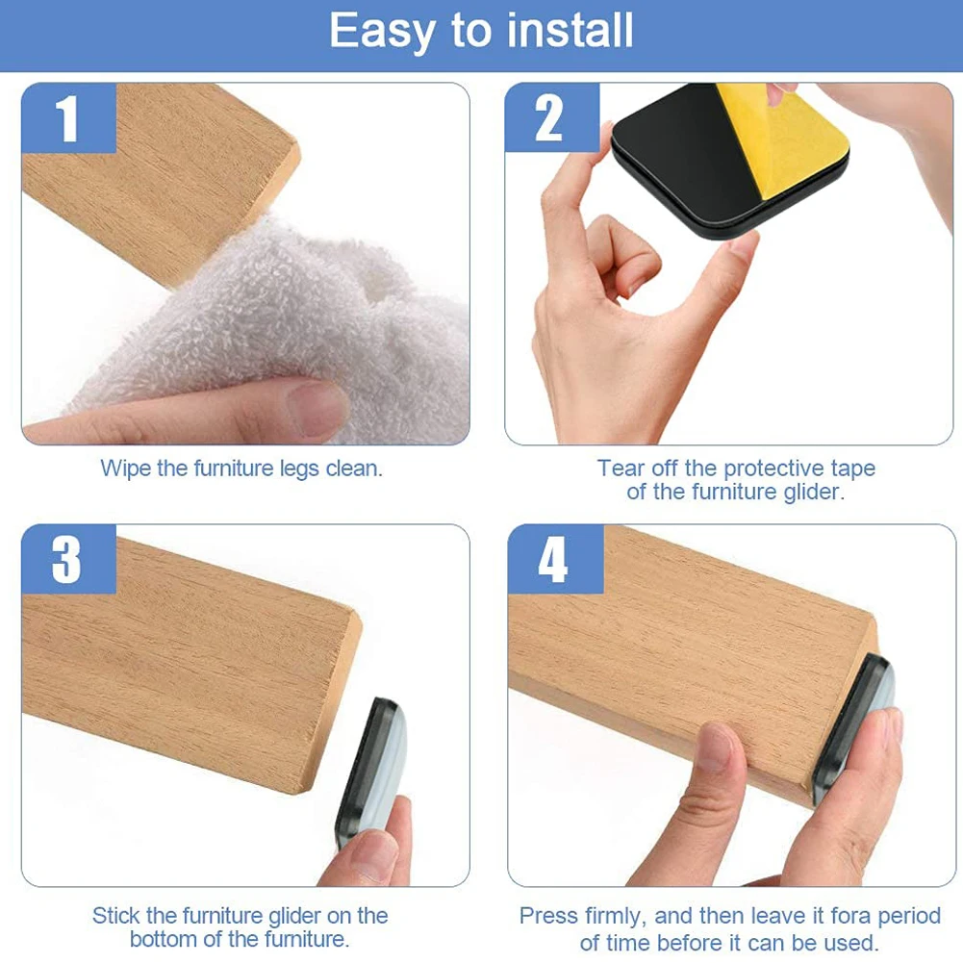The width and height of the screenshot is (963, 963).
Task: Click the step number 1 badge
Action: (x=68, y=119)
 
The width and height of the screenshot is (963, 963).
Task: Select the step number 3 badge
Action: (x=68, y=559)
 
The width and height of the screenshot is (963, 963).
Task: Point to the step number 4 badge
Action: (x=553, y=559)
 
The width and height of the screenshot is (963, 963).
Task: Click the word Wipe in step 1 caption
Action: (x=125, y=469)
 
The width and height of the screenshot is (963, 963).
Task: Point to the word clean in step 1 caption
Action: (x=355, y=469)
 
